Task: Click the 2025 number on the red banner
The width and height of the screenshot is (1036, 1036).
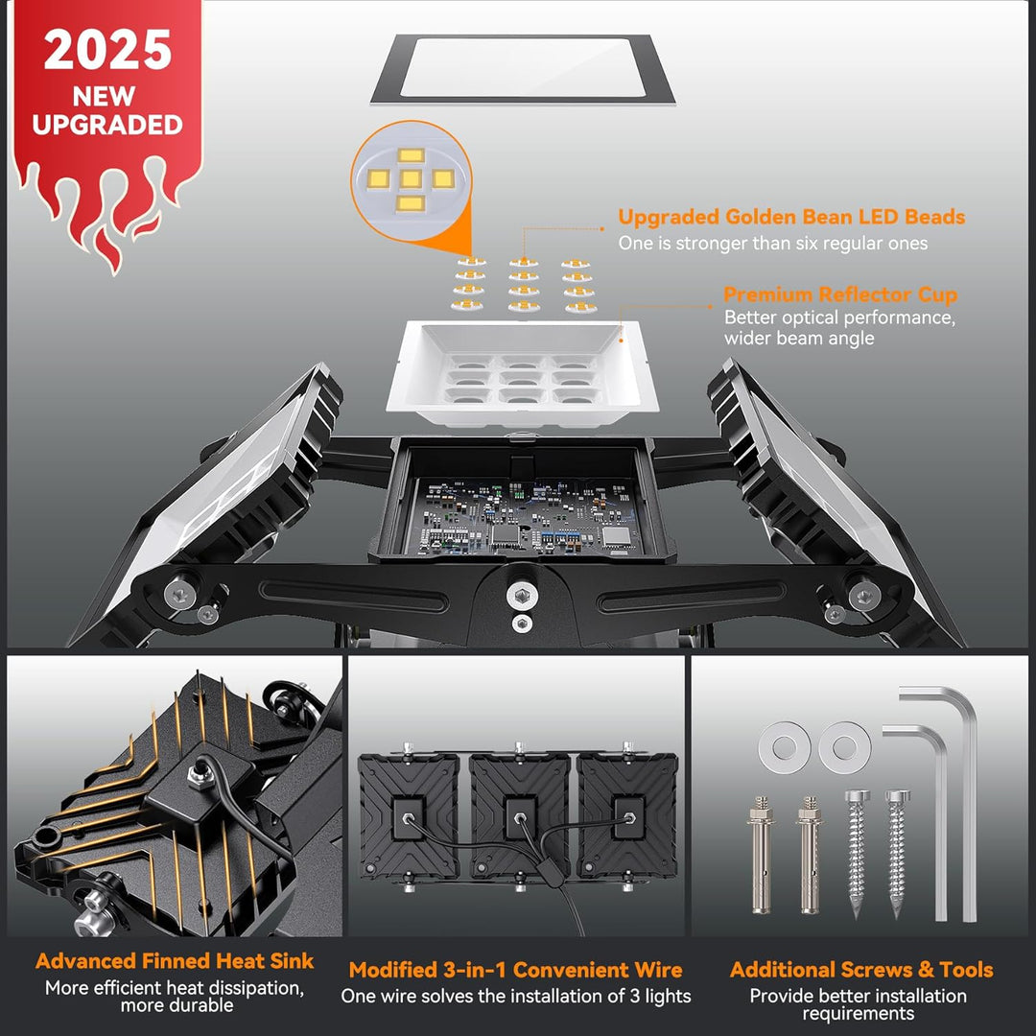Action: click(x=107, y=50)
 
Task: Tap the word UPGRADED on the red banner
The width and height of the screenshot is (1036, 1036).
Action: click(x=107, y=125)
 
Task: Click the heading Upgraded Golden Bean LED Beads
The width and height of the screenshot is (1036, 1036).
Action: click(x=791, y=218)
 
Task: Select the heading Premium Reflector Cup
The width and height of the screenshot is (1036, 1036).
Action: click(x=839, y=294)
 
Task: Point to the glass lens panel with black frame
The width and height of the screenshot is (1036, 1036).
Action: click(x=523, y=69)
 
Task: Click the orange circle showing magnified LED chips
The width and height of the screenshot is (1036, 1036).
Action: click(x=411, y=179)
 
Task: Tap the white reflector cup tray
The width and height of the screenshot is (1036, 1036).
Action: click(x=522, y=373)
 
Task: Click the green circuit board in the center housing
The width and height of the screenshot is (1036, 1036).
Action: click(x=524, y=517)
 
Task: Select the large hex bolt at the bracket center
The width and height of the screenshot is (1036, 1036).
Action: click(x=522, y=596)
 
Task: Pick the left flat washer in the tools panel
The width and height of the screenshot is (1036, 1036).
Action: click(x=785, y=747)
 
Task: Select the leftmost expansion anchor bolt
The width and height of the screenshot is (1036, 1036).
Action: click(x=761, y=856)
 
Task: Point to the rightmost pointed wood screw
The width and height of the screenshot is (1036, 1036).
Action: click(x=897, y=853)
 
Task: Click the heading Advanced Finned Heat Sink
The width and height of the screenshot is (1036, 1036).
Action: click(x=175, y=960)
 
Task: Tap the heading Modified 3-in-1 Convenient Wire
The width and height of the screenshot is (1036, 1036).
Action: click(x=515, y=969)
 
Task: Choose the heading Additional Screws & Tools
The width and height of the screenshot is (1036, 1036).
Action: click(x=861, y=969)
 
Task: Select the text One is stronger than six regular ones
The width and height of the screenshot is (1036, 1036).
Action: click(x=773, y=244)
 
